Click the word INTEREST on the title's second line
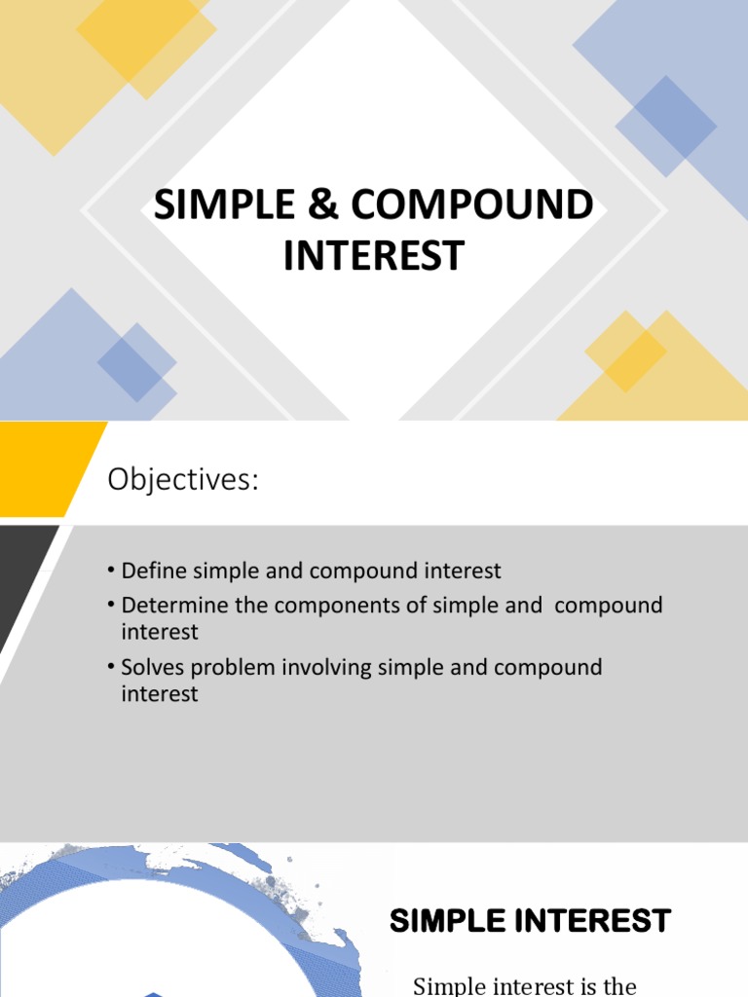click(x=374, y=255)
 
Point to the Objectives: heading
click(x=183, y=479)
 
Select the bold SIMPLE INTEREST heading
click(x=530, y=921)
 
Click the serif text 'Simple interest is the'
click(x=525, y=985)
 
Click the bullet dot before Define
click(x=112, y=571)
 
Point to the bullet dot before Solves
click(x=112, y=668)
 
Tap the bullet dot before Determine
click(x=112, y=606)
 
